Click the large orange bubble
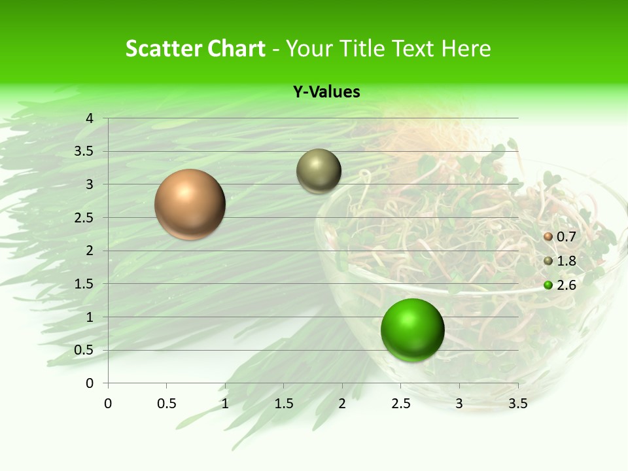pos(190,204)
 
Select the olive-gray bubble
pos(319,171)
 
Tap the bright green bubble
pos(412,330)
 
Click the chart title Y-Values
pos(326,92)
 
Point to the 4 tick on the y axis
pos(90,118)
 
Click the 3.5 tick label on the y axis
pos(84,151)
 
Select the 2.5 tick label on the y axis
pos(84,218)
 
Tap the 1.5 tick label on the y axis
pos(84,284)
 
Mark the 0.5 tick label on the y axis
pos(84,350)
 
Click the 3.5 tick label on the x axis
pos(517,404)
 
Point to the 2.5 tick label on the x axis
pos(400,404)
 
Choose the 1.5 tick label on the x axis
pos(283,404)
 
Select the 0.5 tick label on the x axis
pos(166,404)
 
